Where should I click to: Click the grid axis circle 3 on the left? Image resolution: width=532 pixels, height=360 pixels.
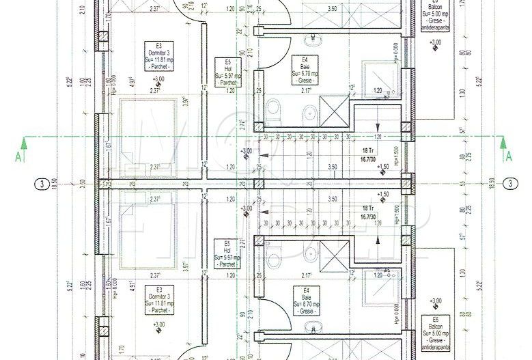[42, 184]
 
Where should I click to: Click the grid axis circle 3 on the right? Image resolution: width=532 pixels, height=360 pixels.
[511, 184]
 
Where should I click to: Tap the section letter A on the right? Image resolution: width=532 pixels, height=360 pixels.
[508, 156]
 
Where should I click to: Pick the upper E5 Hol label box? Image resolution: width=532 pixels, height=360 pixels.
[225, 70]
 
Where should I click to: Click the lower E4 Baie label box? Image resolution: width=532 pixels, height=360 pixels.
[306, 300]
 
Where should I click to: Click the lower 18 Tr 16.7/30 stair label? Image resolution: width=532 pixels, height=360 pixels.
[368, 212]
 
